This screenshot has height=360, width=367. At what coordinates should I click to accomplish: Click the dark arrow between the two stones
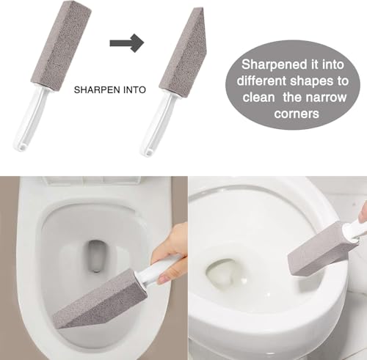[126, 43]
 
